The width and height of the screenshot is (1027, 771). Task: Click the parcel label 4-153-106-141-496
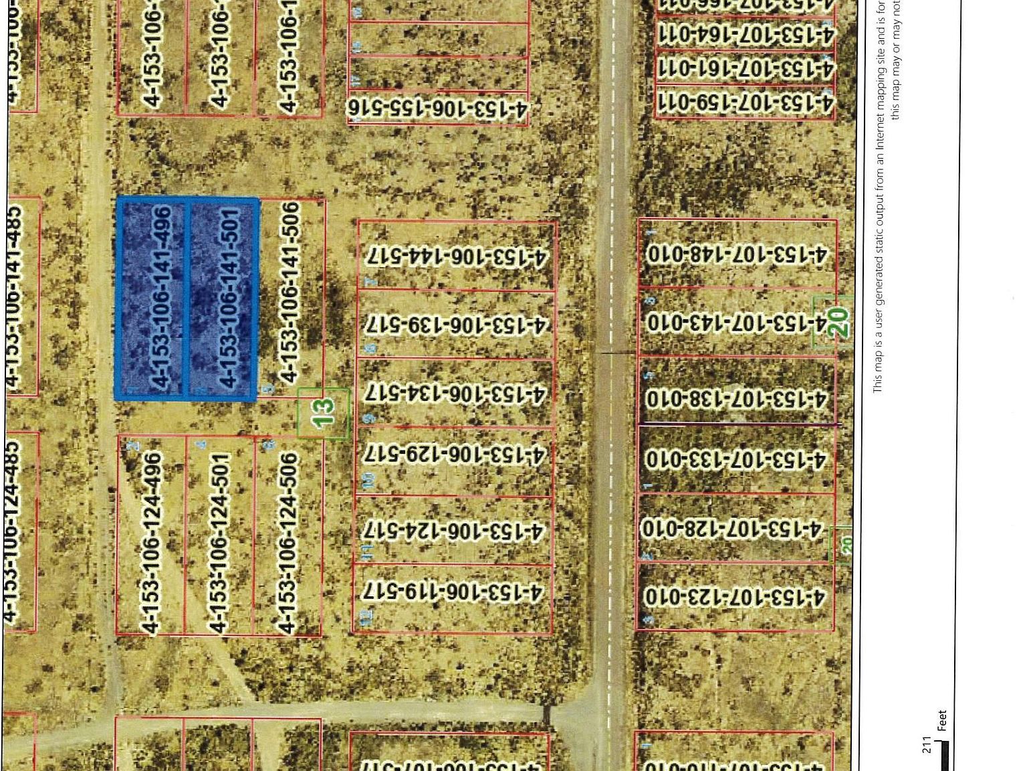[162, 297]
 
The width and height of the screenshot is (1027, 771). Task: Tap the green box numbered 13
[323, 414]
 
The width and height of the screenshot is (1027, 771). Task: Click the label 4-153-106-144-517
[457, 256]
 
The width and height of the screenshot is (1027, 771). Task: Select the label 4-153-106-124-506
[288, 543]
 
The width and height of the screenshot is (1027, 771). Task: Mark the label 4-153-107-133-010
[735, 460]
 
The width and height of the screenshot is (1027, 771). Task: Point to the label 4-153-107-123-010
[734, 596]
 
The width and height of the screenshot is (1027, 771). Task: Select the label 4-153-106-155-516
[438, 109]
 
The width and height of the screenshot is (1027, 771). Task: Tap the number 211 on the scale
[926, 744]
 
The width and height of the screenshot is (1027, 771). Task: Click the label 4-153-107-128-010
[731, 529]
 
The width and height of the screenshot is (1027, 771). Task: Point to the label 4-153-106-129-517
[455, 455]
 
